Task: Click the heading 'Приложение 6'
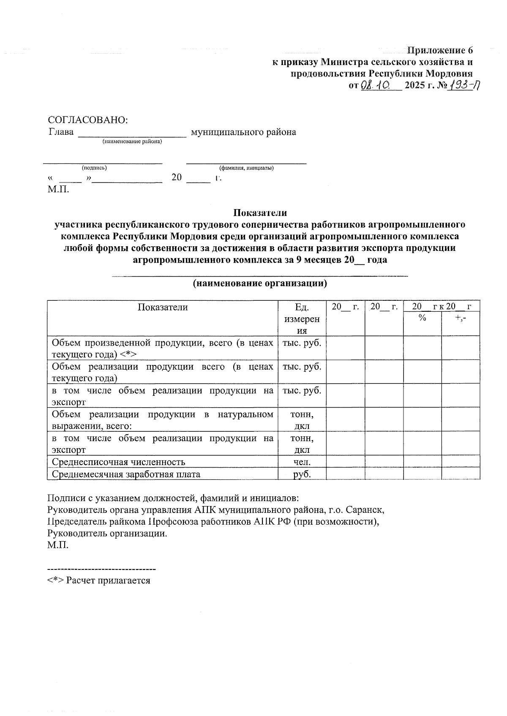(x=439, y=50)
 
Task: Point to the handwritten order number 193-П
(x=463, y=85)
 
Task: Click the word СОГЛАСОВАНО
(x=88, y=120)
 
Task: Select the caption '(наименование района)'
(x=132, y=142)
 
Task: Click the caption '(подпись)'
(x=94, y=168)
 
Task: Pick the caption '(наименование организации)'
(x=260, y=283)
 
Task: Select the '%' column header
(x=422, y=318)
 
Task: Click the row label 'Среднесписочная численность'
(x=118, y=462)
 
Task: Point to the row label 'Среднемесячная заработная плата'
(x=126, y=474)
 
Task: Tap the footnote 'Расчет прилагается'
(x=108, y=580)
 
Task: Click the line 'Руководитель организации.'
(x=107, y=533)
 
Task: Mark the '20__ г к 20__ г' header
(x=442, y=306)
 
